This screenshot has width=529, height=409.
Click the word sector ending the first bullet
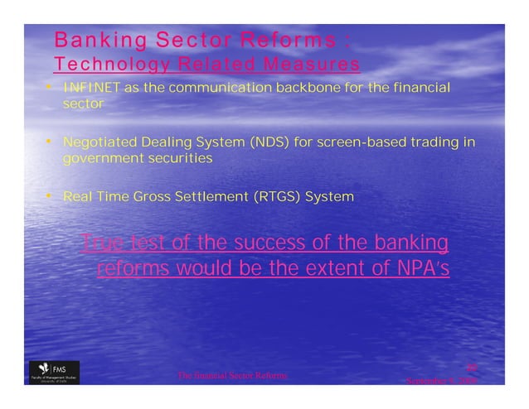click(83, 104)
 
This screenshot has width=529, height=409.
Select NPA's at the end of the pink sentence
click(425, 270)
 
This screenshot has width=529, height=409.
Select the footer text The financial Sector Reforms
click(233, 376)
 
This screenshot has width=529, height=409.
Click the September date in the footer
click(439, 382)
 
